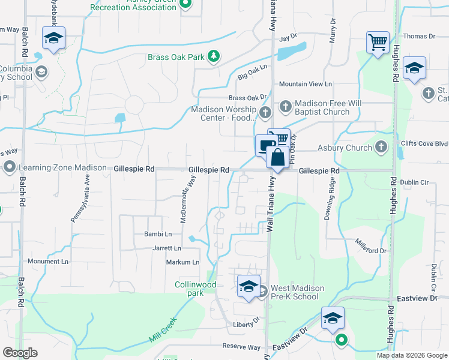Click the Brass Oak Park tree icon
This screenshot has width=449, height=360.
coord(213,57)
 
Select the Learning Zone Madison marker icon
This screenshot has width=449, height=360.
coord(9,167)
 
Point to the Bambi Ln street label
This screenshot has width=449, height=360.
coord(157,234)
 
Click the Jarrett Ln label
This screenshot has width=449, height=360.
coord(167,248)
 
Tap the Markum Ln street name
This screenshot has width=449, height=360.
coord(184,262)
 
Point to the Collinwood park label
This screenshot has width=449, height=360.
coord(194,289)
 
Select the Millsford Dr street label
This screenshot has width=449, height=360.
coord(370,246)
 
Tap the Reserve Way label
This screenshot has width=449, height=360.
coord(241,347)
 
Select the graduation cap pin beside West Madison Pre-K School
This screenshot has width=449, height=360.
coord(249,286)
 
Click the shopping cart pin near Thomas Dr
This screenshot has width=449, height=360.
coord(378,43)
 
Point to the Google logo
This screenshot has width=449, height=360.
coord(20,353)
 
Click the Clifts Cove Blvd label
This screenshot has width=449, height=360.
coord(427,144)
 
